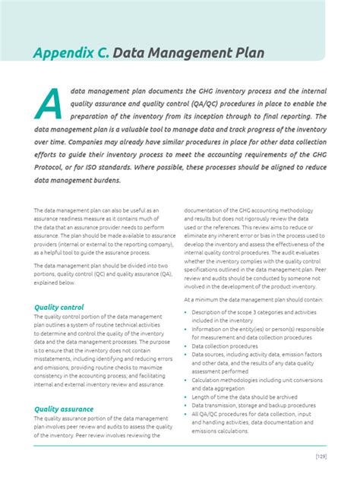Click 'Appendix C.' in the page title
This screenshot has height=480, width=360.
point(72,52)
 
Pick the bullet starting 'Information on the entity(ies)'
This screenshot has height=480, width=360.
point(257,329)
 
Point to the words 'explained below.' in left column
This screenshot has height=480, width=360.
point(55,283)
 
